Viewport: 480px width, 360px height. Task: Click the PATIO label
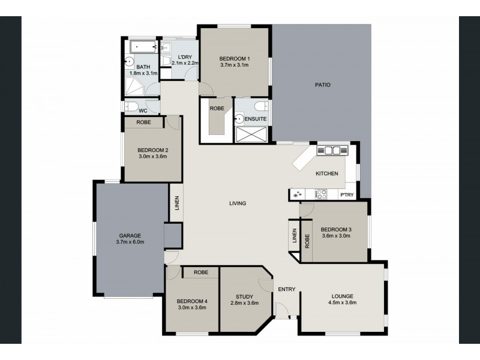coord(323,85)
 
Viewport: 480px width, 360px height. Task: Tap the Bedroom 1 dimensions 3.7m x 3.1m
coord(234,65)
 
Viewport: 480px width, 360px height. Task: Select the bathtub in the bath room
coord(143,47)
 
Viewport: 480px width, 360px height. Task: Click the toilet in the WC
coord(131,107)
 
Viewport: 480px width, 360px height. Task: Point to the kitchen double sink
coord(332,151)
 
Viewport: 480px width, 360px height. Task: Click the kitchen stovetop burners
coord(321,194)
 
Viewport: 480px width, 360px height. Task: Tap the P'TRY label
coord(347,194)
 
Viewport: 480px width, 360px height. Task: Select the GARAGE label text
coord(130,235)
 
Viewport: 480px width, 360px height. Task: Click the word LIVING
coord(238,203)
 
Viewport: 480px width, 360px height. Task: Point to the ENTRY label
coord(287,289)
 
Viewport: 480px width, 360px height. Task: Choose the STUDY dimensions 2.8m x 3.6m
coord(245,303)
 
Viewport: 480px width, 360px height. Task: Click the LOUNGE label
coord(343,296)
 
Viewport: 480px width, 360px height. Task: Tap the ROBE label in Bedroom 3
coord(307,241)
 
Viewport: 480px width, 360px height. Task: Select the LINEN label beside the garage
coord(177,203)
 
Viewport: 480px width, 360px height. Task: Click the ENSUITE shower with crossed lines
coord(251,134)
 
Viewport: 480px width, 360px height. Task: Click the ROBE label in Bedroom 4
coord(201,272)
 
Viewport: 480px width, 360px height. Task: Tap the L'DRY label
coord(185,57)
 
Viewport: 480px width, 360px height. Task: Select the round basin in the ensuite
coord(239,118)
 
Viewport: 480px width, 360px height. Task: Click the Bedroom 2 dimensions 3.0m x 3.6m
coord(153,157)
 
